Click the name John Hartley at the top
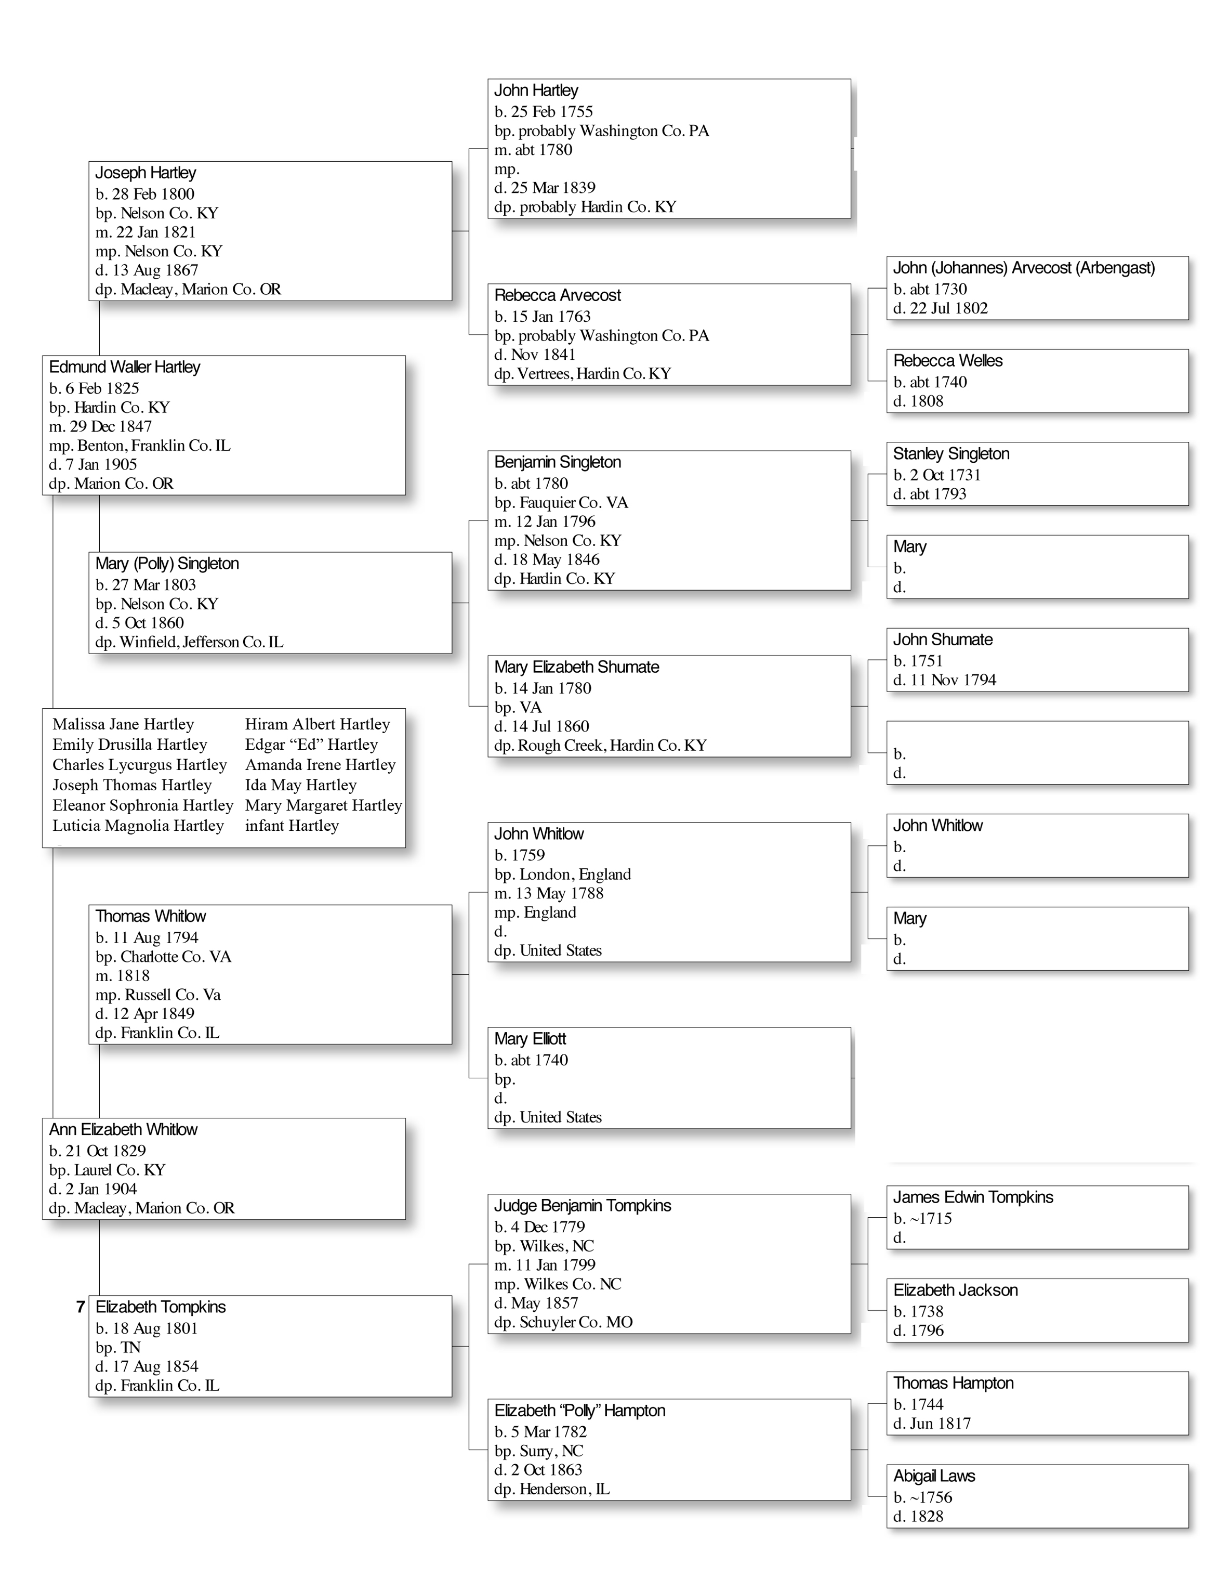point(536,90)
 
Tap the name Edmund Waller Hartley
point(125,367)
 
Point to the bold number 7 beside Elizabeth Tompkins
point(81,1307)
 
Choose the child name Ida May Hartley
point(300,785)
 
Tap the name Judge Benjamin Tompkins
point(583,1206)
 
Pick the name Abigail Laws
point(934,1476)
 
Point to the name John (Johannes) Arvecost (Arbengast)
point(1024,268)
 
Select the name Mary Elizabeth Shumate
point(576,667)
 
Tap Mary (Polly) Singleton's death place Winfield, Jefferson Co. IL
point(189,642)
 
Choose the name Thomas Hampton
point(953,1383)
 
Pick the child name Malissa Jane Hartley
point(123,724)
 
